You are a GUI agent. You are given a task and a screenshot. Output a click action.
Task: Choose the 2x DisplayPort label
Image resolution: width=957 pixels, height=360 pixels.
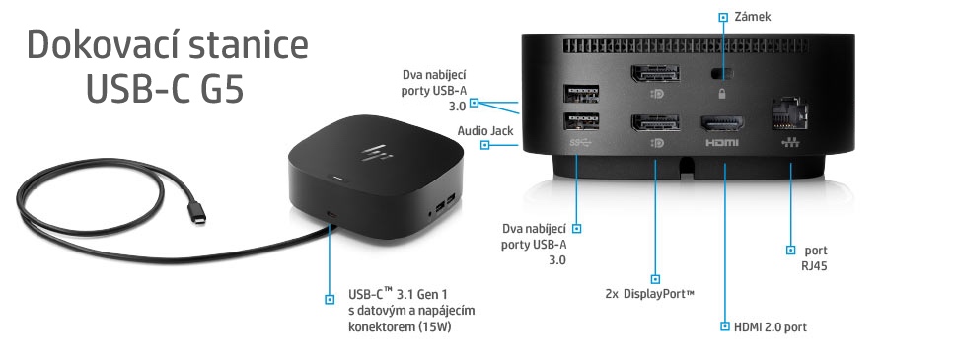pos(649,293)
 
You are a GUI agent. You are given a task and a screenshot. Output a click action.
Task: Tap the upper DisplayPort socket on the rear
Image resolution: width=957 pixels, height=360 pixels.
pos(653,76)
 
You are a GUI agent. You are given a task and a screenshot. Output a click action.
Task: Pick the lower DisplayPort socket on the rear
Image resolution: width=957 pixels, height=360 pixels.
pos(653,124)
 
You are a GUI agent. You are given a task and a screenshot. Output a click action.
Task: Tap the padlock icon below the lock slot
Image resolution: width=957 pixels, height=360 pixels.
pos(724,94)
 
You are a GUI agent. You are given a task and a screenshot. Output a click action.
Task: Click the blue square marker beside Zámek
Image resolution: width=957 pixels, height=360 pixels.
pos(723,17)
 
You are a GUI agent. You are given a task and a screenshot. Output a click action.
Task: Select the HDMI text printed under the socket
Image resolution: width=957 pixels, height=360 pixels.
pos(723,143)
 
